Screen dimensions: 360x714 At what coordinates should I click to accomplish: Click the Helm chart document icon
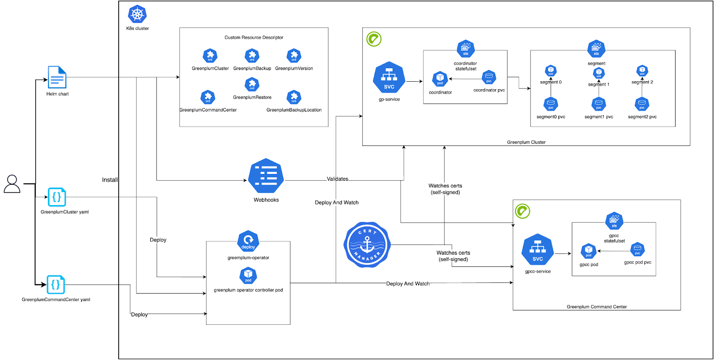point(57,77)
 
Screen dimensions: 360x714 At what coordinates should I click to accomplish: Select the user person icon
point(12,184)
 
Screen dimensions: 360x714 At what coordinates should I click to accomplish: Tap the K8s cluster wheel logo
point(137,14)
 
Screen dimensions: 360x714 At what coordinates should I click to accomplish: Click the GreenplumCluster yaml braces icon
point(57,197)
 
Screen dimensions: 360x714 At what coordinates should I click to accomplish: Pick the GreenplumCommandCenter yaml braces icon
point(56,284)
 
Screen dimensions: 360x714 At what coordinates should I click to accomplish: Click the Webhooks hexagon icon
point(266,176)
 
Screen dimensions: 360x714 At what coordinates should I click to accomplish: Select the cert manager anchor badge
point(367,245)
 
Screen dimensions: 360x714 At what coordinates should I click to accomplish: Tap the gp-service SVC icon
point(389,78)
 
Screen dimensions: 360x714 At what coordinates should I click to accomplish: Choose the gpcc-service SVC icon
point(537,250)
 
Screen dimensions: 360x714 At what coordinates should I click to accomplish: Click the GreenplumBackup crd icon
point(252,56)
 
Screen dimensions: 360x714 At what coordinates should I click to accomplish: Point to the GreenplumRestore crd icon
point(252,84)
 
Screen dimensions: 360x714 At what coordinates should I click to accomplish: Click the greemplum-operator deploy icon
point(248,241)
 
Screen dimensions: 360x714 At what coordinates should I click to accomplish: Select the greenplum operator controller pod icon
point(248,275)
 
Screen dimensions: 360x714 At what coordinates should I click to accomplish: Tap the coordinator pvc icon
point(489,77)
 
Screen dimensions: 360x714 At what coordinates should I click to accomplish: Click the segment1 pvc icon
point(598,104)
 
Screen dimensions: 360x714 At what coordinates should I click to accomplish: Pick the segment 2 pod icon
point(642,70)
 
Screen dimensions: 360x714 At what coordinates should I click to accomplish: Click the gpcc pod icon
point(589,251)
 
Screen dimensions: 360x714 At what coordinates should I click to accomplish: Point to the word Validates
point(337,179)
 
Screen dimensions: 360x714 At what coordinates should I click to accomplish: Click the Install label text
point(110,180)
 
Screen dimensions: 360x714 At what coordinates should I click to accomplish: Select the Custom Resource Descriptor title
point(253,37)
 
